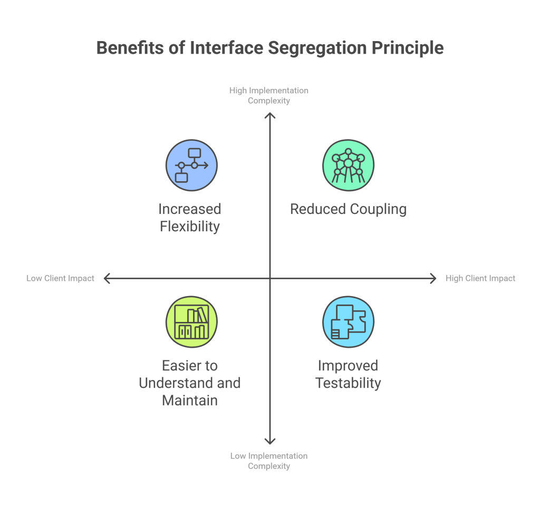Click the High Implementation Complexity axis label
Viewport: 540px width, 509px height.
coord(269,95)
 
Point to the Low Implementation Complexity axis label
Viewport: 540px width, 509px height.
coord(269,461)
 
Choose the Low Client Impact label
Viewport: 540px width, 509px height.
coord(61,278)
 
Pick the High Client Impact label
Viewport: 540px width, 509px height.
coord(480,278)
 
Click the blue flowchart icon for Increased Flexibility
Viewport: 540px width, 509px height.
coord(191,165)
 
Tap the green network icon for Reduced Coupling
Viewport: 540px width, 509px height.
coord(348,165)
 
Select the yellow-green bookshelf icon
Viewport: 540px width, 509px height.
coord(191,321)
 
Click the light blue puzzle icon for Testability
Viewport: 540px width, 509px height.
coord(348,321)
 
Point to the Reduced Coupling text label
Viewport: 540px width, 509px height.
coord(348,209)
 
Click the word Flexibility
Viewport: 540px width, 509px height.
coord(190,227)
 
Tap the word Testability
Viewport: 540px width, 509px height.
coord(348,383)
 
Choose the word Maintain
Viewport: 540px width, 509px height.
coord(190,400)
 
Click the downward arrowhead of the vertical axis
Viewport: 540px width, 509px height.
coord(270,442)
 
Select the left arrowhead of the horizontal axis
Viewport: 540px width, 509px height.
coord(105,278)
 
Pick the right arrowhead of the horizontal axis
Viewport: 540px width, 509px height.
coord(434,278)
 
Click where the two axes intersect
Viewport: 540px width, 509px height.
coord(270,278)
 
